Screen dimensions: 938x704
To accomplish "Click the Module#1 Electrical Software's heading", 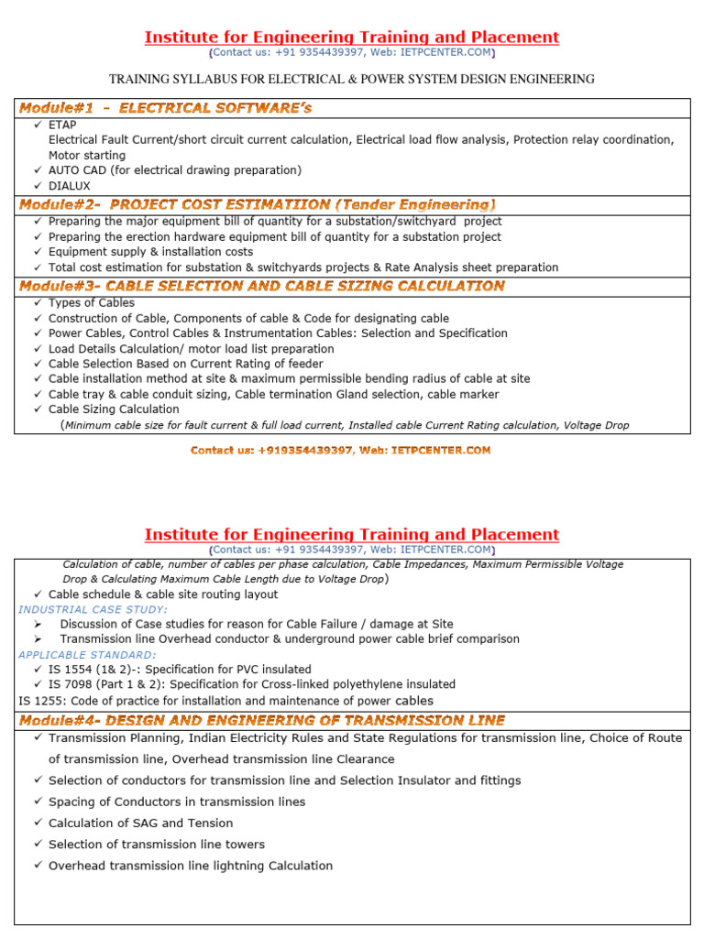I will pos(166,108).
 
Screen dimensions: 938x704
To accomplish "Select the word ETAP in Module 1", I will pos(62,125).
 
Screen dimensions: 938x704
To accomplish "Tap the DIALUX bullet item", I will pos(70,186).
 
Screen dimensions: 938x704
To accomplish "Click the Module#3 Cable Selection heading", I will pos(262,286).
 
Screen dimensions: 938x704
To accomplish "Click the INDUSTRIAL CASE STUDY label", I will pos(93,609).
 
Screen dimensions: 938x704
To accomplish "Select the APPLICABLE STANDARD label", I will pos(87,655).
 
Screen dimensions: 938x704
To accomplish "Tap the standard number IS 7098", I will pos(73,684).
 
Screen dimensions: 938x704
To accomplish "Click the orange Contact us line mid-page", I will pos(340,450).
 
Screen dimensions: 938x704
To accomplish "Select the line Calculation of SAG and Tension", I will pos(141,823).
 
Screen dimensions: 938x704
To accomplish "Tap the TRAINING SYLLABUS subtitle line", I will pos(352,80).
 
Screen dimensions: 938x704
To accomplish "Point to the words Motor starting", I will pos(87,156).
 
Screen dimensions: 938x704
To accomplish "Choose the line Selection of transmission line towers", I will pos(157,845).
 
